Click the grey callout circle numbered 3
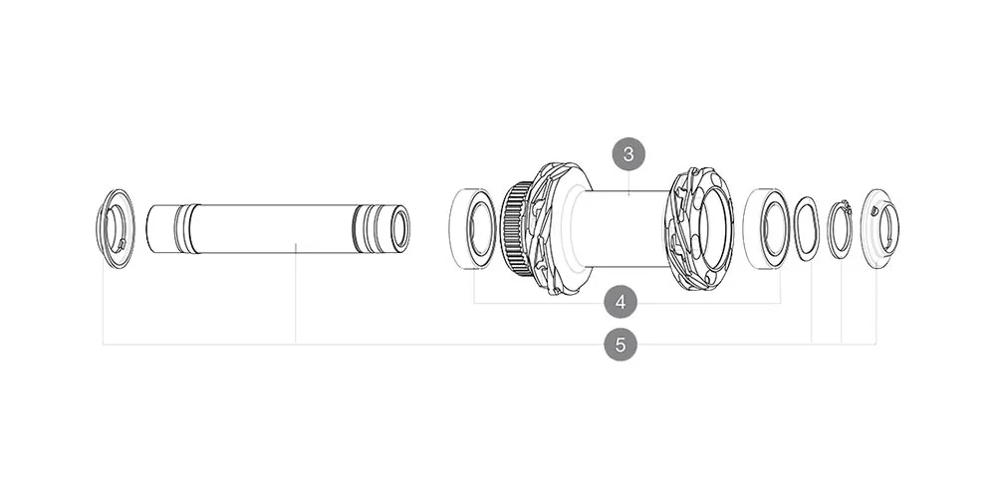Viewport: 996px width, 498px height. [627, 154]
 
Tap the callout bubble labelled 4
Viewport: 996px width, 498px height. [620, 300]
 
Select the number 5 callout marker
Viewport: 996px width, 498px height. [620, 345]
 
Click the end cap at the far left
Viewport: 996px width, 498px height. [117, 227]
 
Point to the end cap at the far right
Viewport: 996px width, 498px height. [879, 228]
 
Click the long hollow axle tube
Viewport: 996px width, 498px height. [269, 228]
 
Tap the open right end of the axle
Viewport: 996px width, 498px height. [399, 228]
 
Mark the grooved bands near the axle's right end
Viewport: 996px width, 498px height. [369, 228]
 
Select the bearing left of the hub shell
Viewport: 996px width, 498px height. [474, 228]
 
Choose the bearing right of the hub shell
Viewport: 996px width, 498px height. [767, 228]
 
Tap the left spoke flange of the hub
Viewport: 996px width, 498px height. [551, 228]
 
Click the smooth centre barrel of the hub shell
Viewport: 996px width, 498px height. [622, 227]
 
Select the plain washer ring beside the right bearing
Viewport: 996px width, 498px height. [806, 228]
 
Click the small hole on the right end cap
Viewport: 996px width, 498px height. [873, 210]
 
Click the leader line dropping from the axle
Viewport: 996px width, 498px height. [296, 299]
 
